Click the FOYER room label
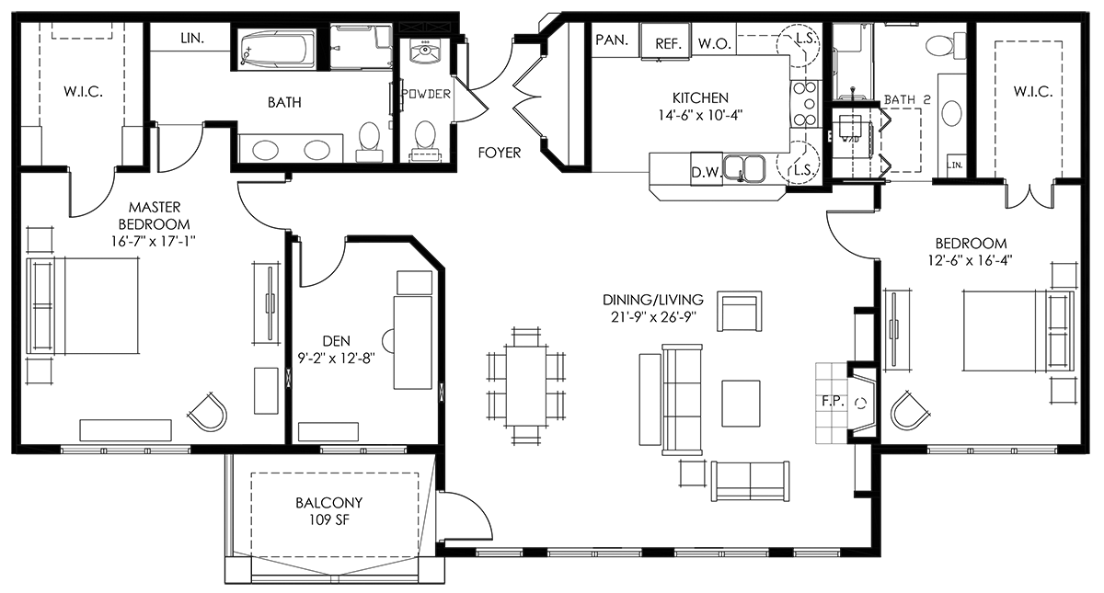(x=500, y=153)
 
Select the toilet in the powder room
(x=424, y=141)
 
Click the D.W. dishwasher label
(x=707, y=173)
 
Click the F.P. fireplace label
(x=834, y=402)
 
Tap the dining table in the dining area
(x=526, y=386)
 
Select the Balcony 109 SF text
(x=328, y=511)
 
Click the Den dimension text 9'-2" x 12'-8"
(x=337, y=358)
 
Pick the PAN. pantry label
(x=612, y=40)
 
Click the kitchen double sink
(x=744, y=169)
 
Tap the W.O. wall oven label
(x=714, y=44)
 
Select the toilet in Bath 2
(x=946, y=45)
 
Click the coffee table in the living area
(x=741, y=403)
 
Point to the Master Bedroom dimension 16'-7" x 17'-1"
(x=154, y=241)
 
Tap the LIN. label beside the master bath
(x=192, y=38)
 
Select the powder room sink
(x=424, y=51)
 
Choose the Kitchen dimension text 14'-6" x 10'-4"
(x=700, y=115)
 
